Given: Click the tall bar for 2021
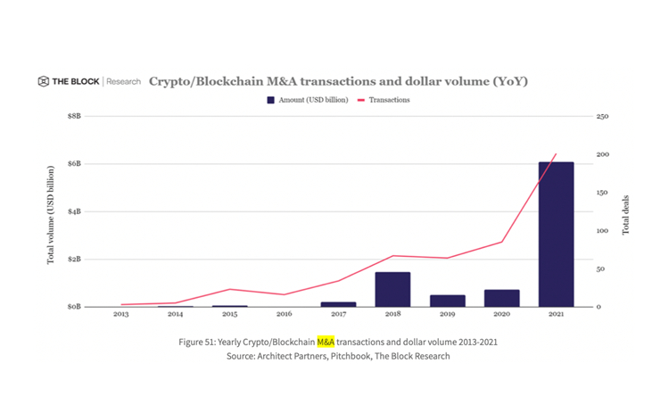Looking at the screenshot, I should pos(556,234).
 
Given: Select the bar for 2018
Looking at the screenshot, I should pos(392,289).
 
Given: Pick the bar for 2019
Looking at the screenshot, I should pos(447,301).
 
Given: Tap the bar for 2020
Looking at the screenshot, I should pos(501,298).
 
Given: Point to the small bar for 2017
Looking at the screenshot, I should pos(338,304).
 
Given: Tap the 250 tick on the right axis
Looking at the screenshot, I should pos(602,117).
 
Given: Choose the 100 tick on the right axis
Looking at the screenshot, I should pos(602,231).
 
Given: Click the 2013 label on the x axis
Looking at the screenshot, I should pos(120,314).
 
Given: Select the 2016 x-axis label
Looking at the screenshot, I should pos(284,314).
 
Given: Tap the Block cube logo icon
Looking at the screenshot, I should pos(43,81).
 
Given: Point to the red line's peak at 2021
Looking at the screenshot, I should pos(556,154).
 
